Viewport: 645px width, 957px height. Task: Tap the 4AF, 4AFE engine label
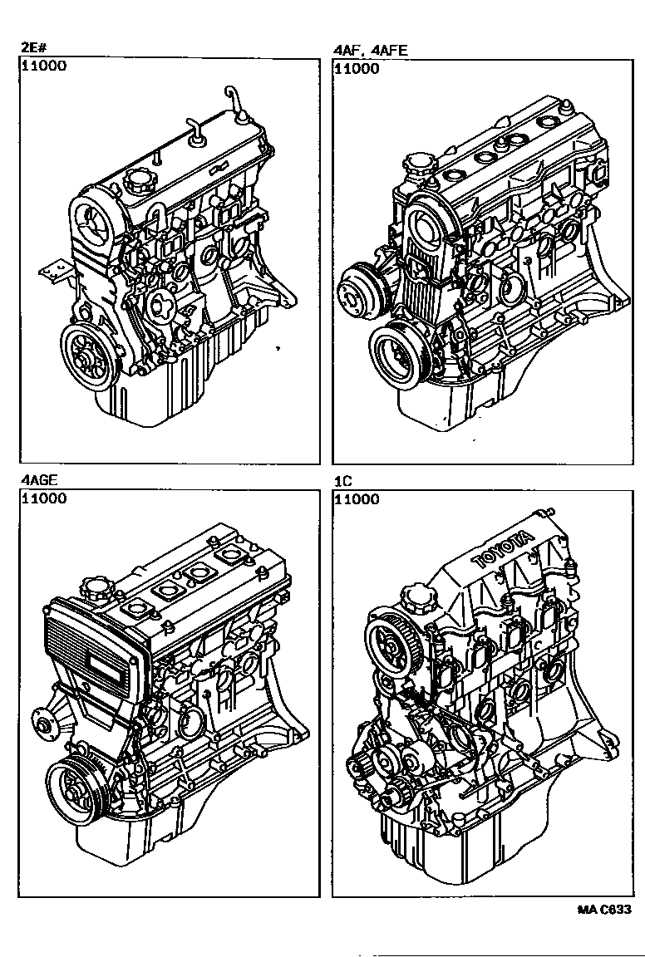click(370, 51)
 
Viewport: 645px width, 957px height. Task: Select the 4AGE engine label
click(38, 480)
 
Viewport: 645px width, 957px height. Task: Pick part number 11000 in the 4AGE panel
click(45, 498)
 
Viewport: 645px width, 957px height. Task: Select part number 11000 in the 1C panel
click(357, 498)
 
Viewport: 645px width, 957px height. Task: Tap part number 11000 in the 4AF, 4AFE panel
click(357, 68)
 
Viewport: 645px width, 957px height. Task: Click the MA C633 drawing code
click(604, 909)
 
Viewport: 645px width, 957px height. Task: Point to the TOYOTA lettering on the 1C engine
click(502, 549)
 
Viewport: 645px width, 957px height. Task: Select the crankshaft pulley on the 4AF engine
click(396, 355)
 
